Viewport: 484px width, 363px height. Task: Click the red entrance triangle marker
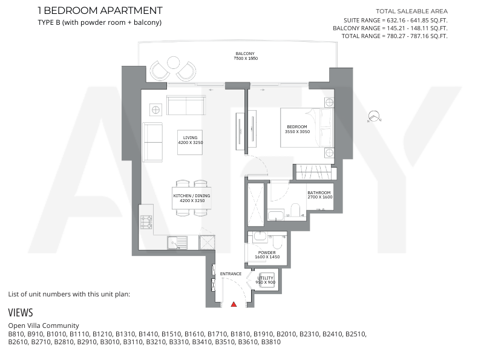point(234,304)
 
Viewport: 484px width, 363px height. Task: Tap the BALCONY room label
point(245,53)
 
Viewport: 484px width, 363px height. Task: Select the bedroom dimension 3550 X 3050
point(297,131)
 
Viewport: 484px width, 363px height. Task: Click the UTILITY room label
point(266,278)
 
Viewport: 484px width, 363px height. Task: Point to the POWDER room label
point(267,252)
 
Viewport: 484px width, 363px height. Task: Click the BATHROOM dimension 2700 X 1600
point(320,197)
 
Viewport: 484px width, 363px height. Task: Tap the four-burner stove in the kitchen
point(146,222)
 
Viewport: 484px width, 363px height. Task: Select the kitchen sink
point(177,243)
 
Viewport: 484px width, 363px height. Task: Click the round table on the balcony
point(174,63)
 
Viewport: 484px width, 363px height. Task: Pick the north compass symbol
point(374,116)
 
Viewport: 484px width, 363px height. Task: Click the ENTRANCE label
point(231,274)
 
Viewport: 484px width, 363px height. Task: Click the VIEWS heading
point(21,313)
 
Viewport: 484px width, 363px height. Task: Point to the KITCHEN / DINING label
point(192,195)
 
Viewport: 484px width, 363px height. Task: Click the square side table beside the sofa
point(156,110)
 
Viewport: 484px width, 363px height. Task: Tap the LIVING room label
point(190,138)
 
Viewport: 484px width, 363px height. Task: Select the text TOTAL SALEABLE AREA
point(412,11)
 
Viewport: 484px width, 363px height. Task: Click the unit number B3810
point(271,342)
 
